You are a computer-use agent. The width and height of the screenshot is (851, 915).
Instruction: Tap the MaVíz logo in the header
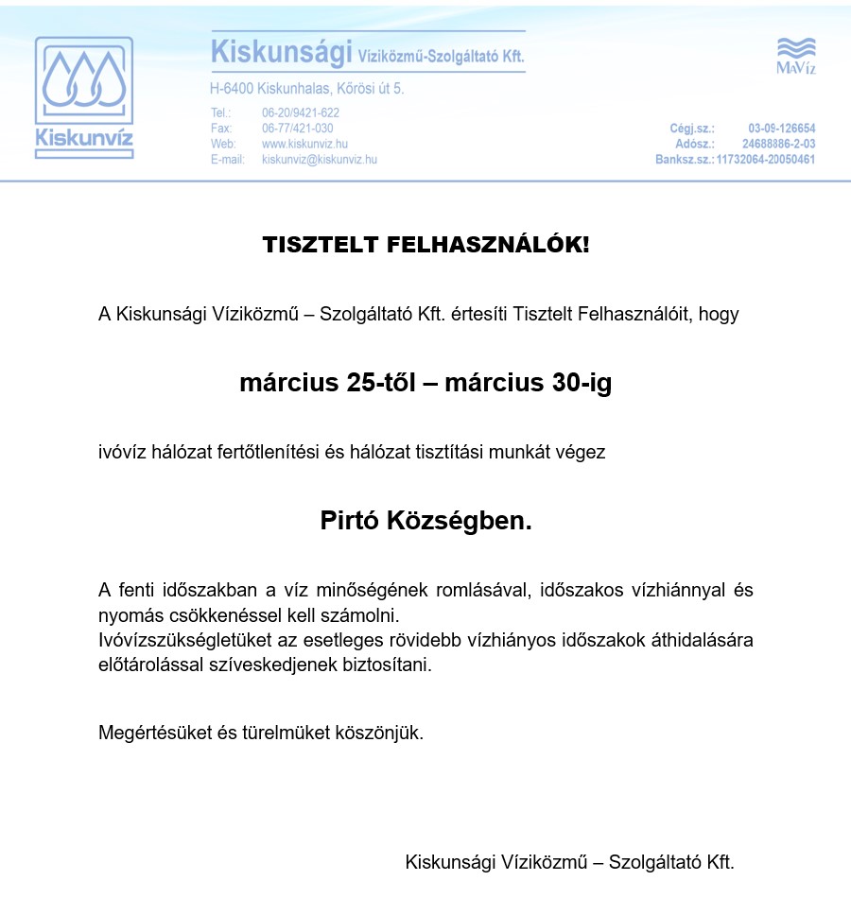(795, 57)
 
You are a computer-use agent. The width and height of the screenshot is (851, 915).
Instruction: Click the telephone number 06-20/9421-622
(301, 112)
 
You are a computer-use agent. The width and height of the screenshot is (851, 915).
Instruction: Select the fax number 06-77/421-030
(297, 129)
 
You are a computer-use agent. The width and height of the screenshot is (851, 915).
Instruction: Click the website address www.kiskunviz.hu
(304, 144)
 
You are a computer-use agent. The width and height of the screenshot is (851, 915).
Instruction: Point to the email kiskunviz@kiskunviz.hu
(319, 160)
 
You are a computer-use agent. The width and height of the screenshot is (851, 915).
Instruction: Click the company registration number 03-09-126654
(781, 129)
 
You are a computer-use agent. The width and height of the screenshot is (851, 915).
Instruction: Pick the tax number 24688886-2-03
(778, 144)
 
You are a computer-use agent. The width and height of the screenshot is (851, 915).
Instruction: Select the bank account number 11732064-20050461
(765, 160)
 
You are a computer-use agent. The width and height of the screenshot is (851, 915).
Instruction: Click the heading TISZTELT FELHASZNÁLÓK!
(425, 246)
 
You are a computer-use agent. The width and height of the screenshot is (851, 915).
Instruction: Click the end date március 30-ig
(528, 384)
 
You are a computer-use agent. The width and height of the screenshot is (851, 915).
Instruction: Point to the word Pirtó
(349, 520)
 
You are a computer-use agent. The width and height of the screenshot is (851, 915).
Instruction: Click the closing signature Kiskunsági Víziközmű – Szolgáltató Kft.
(569, 862)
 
